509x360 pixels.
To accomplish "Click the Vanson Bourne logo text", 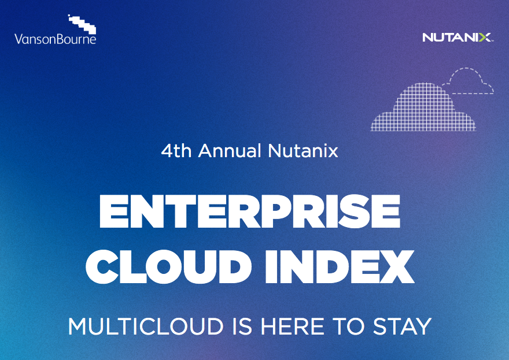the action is click(55, 39).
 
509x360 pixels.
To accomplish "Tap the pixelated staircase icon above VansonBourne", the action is click(82, 24).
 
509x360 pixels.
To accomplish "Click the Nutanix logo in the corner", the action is click(458, 38).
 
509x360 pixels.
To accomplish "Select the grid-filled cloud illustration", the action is click(423, 107).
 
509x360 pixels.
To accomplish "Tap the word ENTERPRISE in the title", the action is click(250, 211).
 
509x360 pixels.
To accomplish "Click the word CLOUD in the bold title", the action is click(168, 266).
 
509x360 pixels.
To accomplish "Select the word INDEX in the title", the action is click(340, 266).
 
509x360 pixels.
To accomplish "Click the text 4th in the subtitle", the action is click(176, 151).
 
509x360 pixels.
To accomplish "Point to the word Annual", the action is click(230, 151).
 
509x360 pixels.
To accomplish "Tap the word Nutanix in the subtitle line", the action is click(303, 151).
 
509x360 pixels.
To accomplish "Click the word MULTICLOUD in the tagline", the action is click(146, 326).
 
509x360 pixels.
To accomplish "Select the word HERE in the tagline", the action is click(292, 326).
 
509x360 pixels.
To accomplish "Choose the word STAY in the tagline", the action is click(402, 326).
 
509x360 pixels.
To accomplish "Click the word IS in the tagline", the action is click(242, 326).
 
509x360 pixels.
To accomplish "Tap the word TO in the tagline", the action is click(348, 326).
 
